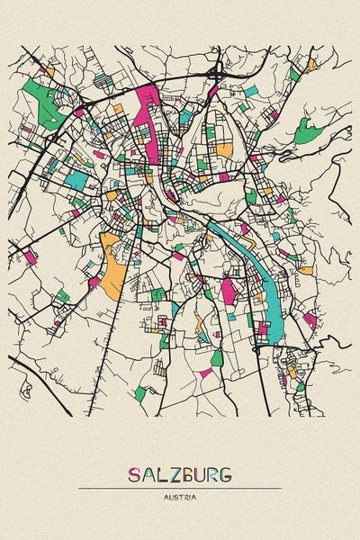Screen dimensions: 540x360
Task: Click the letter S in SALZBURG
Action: coord(135,474)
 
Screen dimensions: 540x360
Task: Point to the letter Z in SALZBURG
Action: coord(175,474)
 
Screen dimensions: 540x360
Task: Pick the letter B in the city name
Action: coord(189,474)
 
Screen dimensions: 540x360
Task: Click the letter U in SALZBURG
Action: coord(202,474)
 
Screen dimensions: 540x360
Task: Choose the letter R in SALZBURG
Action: coord(215,474)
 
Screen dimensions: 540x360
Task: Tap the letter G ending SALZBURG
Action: coord(228,474)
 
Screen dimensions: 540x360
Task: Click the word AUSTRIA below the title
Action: coord(180,497)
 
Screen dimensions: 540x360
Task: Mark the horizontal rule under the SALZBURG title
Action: coord(180,489)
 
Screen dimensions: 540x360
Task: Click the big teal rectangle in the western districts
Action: coord(77,179)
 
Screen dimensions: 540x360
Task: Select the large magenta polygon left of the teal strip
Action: coord(229,289)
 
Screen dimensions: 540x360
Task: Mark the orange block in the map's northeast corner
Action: coord(310,65)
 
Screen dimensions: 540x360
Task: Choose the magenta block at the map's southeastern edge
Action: coord(310,319)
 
